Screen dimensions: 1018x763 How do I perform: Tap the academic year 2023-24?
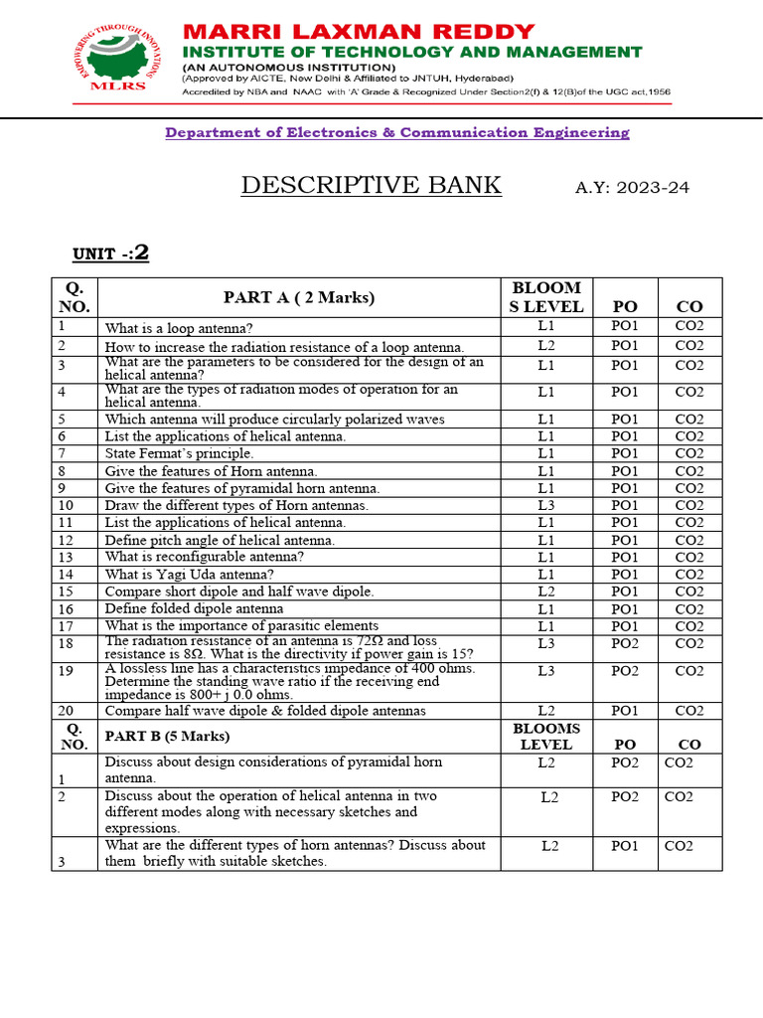[632, 187]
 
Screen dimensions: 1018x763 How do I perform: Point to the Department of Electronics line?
[396, 132]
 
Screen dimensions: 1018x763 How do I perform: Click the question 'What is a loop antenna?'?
[179, 327]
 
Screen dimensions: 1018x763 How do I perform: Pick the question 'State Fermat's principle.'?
[179, 453]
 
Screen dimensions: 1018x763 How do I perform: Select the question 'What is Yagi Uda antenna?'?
[190, 575]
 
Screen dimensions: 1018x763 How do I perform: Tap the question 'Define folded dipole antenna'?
[194, 608]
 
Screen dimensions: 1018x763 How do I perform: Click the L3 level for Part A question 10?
[545, 505]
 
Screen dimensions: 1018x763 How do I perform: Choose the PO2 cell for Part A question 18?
[625, 643]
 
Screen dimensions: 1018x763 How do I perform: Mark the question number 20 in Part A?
[66, 710]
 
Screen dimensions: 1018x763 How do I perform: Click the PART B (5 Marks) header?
[167, 736]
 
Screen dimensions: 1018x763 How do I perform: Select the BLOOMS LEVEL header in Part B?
[545, 736]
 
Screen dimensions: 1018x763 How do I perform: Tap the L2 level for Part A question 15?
[545, 592]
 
